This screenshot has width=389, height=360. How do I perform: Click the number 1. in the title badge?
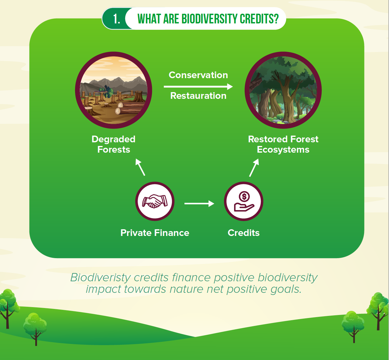(x=116, y=19)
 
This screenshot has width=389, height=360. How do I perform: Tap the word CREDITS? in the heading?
(x=259, y=19)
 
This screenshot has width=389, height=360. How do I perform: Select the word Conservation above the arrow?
(x=198, y=75)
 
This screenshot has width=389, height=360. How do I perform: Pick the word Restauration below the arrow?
(x=198, y=96)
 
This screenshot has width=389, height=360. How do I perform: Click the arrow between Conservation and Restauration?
(x=198, y=86)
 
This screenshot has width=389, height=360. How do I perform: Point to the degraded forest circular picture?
(x=114, y=90)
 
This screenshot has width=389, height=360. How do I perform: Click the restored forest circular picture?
(x=283, y=90)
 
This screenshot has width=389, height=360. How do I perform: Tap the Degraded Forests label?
(x=114, y=144)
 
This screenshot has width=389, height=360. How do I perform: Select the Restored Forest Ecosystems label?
(x=283, y=144)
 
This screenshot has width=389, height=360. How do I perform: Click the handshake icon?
(x=155, y=201)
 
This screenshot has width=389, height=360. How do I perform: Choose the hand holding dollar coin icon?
(x=243, y=201)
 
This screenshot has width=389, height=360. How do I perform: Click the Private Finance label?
(x=155, y=233)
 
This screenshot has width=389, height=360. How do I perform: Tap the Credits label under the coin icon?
(x=243, y=233)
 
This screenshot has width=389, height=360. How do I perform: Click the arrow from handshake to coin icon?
(x=199, y=204)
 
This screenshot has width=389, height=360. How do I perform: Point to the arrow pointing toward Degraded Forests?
(x=140, y=167)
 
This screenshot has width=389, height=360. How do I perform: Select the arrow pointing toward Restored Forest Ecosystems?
(x=254, y=168)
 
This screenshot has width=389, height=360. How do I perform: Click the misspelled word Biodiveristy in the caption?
(x=101, y=278)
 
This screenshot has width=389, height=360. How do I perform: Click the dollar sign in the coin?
(x=244, y=196)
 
